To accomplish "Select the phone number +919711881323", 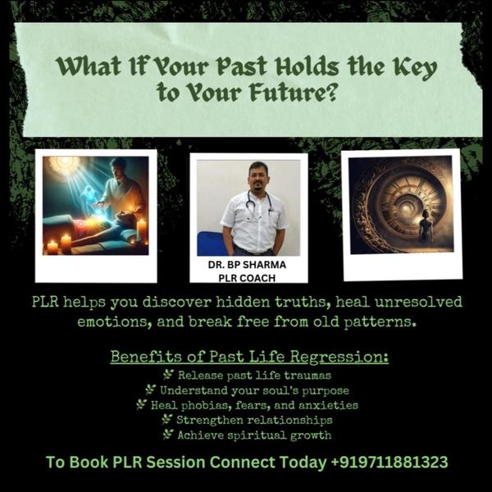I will (389, 462).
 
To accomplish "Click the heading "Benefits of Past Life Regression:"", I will (250, 358).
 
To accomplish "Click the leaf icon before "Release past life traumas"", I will (167, 375).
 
